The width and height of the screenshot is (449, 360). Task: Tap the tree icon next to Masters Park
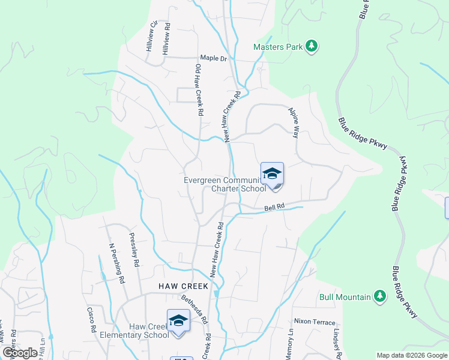311,46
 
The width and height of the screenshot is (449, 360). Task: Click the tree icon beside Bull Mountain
379,296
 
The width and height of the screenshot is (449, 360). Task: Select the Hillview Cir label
152,35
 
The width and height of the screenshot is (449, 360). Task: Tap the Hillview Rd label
167,40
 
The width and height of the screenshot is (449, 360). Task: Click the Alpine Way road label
294,122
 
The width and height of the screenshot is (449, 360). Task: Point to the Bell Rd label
274,208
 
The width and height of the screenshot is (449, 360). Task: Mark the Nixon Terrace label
315,322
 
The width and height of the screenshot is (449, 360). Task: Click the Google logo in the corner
20,353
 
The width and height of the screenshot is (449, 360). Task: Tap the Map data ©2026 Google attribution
411,355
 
